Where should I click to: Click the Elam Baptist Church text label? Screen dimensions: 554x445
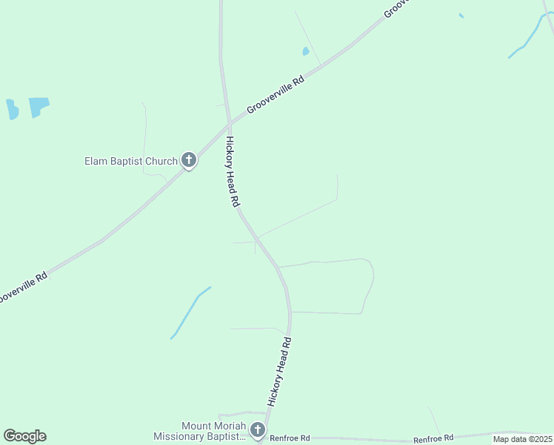130,161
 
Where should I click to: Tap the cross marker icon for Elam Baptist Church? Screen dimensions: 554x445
189,159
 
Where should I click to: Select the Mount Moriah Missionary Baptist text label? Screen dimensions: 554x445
198,431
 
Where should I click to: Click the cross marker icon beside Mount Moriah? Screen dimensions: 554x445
257,429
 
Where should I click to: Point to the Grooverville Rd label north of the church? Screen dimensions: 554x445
276,94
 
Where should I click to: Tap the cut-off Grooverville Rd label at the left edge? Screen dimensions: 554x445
22,287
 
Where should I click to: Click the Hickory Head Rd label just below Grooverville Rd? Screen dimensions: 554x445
233,171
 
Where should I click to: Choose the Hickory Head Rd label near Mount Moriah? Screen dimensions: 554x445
280,371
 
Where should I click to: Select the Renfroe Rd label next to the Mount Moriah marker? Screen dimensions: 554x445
290,439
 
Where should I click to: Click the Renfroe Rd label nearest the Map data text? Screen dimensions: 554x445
433,438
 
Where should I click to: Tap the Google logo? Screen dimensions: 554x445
24,436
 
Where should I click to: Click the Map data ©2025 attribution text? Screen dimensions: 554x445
522,439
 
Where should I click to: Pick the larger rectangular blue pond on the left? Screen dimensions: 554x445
39,107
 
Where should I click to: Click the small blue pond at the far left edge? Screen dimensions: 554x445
12,110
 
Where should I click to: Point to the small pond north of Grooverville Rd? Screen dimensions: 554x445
305,51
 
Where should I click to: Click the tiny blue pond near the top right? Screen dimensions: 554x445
461,16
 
